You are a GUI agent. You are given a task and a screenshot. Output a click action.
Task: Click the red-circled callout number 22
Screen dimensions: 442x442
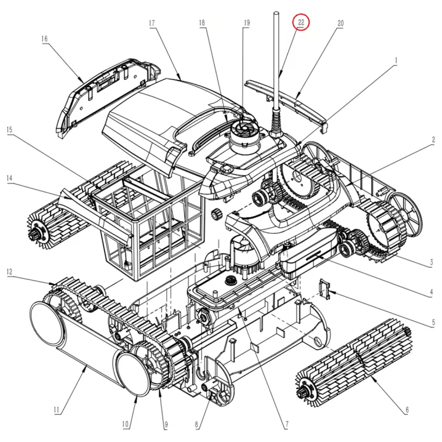click(301, 22)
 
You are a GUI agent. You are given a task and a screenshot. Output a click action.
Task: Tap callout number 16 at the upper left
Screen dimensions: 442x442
click(44, 38)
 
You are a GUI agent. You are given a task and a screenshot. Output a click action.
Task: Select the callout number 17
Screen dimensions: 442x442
click(151, 23)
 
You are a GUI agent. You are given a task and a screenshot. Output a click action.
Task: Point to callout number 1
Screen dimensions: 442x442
click(396, 60)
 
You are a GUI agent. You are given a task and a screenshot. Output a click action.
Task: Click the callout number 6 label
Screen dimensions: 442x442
click(407, 411)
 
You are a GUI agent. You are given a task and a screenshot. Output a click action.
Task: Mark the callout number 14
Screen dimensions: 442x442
click(10, 179)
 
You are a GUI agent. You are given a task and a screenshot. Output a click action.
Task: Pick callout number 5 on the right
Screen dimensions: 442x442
click(433, 323)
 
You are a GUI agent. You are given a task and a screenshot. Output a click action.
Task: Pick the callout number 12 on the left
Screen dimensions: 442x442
click(10, 271)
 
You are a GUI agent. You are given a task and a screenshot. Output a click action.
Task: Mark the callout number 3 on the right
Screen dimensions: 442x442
click(433, 263)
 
